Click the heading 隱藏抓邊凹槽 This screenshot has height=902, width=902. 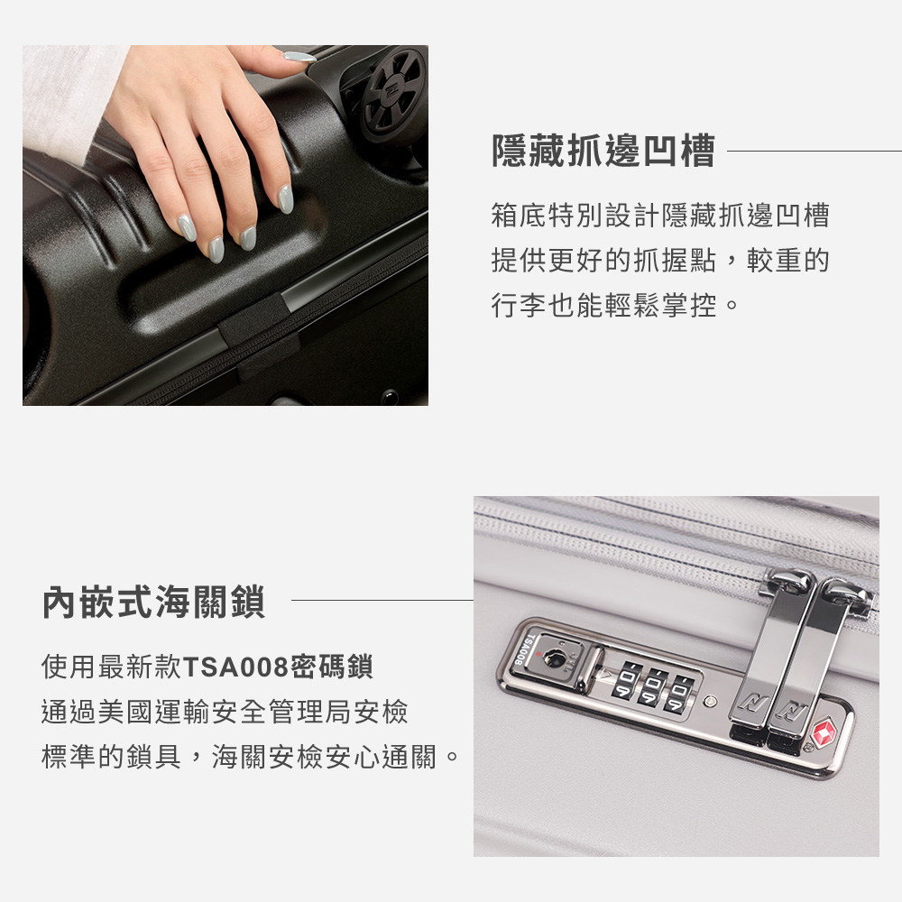[x=603, y=152]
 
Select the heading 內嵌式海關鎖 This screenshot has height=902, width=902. [x=153, y=603]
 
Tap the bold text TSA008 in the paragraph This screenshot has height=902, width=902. [x=235, y=668]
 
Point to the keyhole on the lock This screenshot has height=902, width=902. [x=556, y=660]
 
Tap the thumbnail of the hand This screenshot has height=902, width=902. [x=299, y=56]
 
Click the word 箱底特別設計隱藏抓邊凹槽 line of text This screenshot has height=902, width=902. [x=659, y=216]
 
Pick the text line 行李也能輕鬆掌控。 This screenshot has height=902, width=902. [x=616, y=306]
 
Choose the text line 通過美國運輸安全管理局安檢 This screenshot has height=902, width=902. [x=225, y=713]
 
